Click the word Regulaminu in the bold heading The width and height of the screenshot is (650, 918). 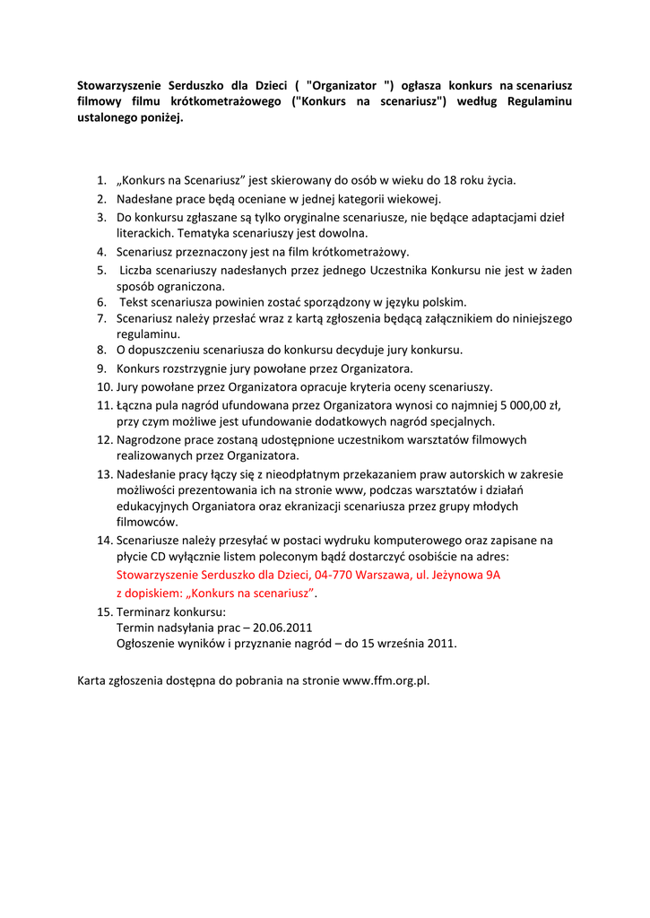pos(539,101)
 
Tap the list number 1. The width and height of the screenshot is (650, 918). pos(102,180)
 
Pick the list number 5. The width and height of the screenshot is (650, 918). pos(102,270)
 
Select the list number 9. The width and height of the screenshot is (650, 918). pos(102,368)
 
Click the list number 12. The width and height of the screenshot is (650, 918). pos(103,440)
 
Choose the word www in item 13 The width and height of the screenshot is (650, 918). pos(347,490)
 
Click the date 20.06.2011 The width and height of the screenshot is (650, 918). pos(283,627)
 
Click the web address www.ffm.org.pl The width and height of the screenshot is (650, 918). pos(386,680)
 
